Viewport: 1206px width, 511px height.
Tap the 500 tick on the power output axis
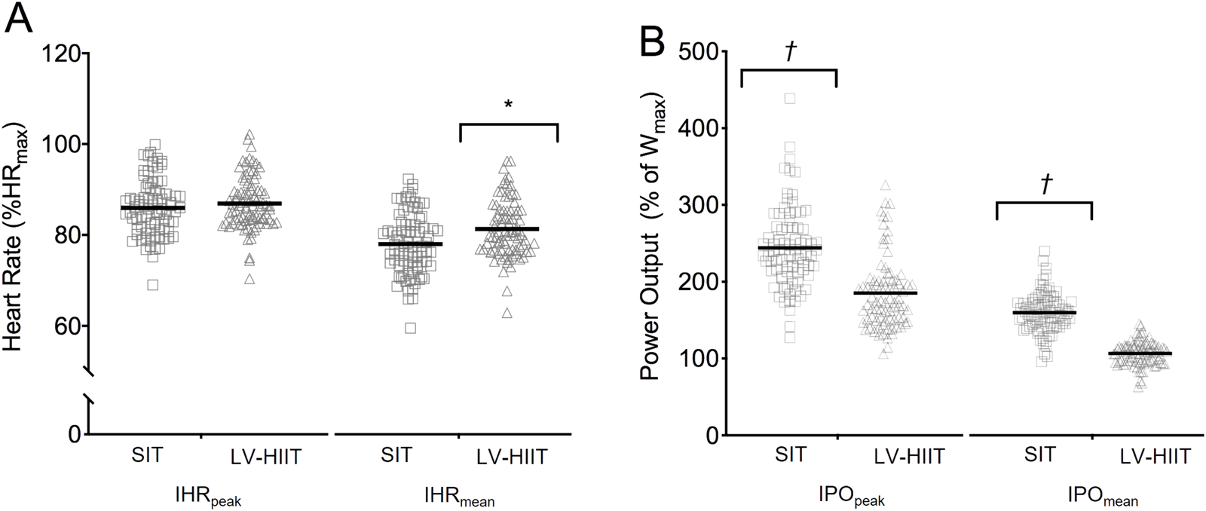[x=698, y=51]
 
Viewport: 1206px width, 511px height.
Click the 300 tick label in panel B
[x=698, y=205]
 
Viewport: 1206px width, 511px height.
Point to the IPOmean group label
[x=1103, y=499]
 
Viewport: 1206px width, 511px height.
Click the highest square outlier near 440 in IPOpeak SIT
[x=790, y=98]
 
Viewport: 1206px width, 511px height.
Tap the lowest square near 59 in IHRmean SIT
[x=410, y=328]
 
